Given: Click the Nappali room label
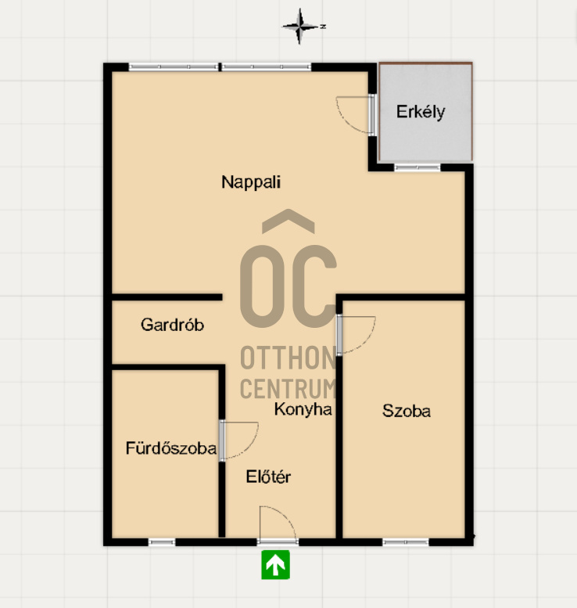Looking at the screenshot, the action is point(251,182).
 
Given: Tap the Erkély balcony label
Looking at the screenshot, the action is point(421,112).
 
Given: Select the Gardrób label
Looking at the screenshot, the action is point(172,325).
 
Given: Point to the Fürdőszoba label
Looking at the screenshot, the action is point(171,448).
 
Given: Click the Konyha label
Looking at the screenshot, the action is point(303,409).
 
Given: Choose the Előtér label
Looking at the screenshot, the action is point(268,477).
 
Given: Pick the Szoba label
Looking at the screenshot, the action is point(406,411).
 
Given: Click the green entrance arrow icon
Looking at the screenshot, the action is point(275,565).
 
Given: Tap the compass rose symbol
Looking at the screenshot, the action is point(300,27).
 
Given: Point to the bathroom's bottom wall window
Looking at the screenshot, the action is point(162,542).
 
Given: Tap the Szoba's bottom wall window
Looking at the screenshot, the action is point(406,542).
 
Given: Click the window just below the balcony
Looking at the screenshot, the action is point(418,167).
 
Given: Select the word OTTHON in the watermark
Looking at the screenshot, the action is point(288,358).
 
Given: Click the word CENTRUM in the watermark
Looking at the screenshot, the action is point(288,388).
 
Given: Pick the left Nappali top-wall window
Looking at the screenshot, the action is point(174,67).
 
